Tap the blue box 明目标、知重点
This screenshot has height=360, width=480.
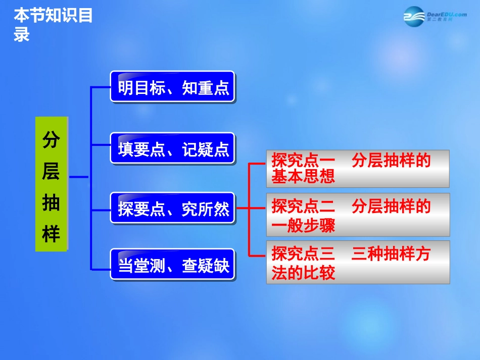[173, 87]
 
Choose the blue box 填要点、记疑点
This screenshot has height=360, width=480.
[173, 148]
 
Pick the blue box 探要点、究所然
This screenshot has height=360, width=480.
[173, 208]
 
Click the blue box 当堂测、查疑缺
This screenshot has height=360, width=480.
[173, 265]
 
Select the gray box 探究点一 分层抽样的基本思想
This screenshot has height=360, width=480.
[358, 169]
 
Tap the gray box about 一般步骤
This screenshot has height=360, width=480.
[358, 215]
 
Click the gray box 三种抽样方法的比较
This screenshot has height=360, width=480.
[358, 262]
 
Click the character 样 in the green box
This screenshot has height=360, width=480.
[51, 234]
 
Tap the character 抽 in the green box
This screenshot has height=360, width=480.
[51, 203]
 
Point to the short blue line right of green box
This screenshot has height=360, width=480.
[79, 177]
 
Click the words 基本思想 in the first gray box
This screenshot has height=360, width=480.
[303, 176]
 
